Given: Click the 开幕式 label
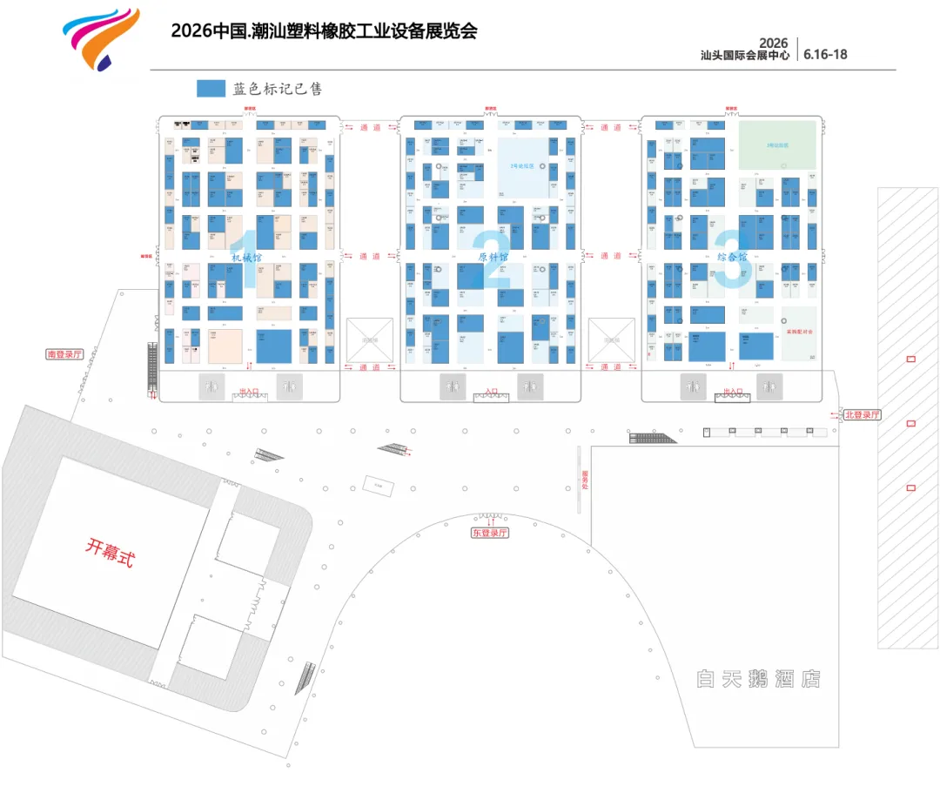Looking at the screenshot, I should click(110, 551).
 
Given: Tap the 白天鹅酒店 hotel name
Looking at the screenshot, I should click(758, 679).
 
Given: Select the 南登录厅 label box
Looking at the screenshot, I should click(65, 354).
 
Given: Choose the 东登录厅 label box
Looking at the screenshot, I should click(490, 533).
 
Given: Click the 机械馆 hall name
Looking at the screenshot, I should click(246, 257).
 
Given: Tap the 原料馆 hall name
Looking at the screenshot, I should click(493, 257).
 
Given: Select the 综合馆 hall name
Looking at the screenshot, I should click(733, 257).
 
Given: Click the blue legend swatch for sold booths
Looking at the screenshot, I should click(211, 89).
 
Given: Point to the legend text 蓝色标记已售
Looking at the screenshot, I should click(278, 89).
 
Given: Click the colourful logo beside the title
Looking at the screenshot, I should click(99, 38).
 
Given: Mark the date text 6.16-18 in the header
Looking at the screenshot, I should click(825, 54).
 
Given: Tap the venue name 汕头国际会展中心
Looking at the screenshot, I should click(746, 55).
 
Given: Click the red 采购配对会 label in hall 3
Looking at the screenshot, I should click(798, 333).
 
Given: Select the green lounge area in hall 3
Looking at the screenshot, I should click(777, 144).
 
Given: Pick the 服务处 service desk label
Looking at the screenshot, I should click(585, 480).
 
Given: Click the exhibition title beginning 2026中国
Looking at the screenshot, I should click(325, 31).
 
